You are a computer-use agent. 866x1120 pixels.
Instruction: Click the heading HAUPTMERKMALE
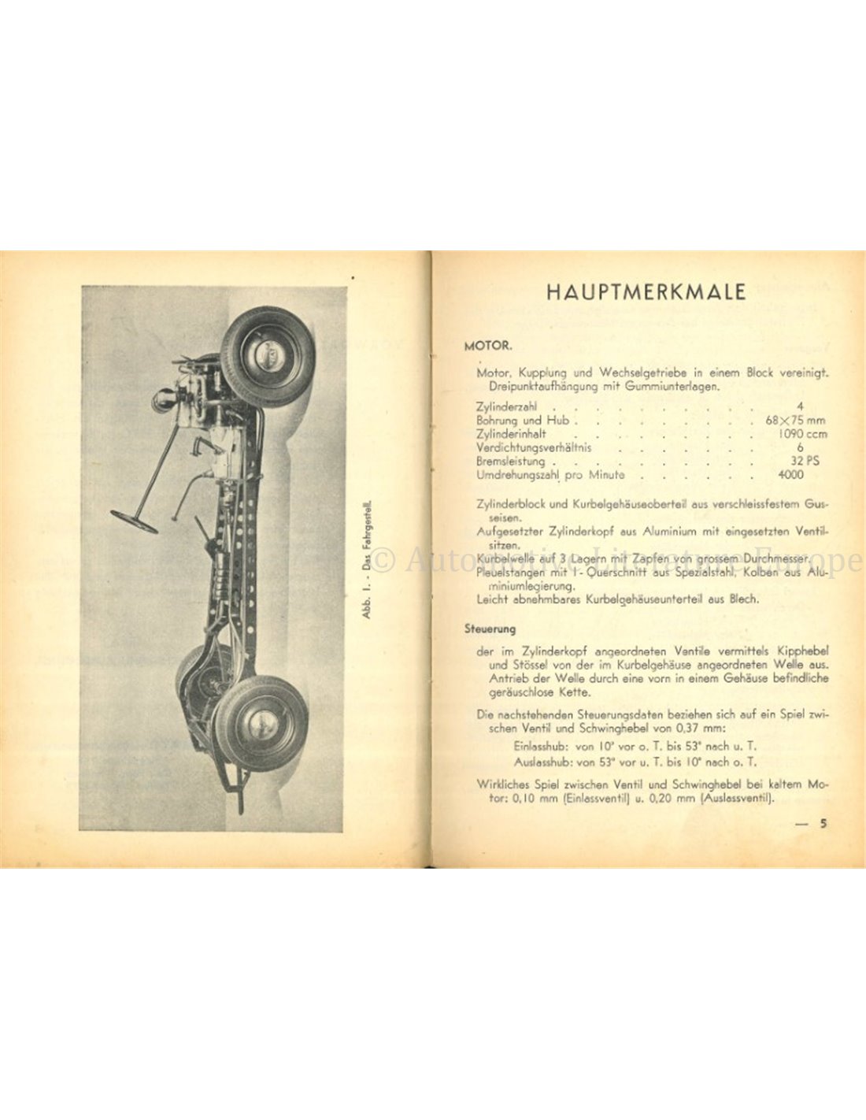pyautogui.click(x=646, y=291)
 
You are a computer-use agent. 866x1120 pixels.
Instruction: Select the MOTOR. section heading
pyautogui.click(x=489, y=345)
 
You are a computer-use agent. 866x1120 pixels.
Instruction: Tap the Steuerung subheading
pyautogui.click(x=490, y=629)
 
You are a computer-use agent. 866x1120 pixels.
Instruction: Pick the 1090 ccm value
pyautogui.click(x=802, y=434)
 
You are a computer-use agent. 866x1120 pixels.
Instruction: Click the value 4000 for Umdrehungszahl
pyautogui.click(x=790, y=475)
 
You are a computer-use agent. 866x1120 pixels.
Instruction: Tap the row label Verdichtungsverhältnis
pyautogui.click(x=534, y=447)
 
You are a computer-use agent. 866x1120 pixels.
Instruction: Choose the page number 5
pyautogui.click(x=823, y=824)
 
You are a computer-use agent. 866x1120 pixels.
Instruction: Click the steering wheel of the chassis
pyautogui.click(x=134, y=521)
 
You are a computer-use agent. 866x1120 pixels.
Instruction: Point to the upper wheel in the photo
pyautogui.click(x=267, y=355)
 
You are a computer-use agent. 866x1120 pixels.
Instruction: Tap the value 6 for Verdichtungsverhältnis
pyautogui.click(x=801, y=447)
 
